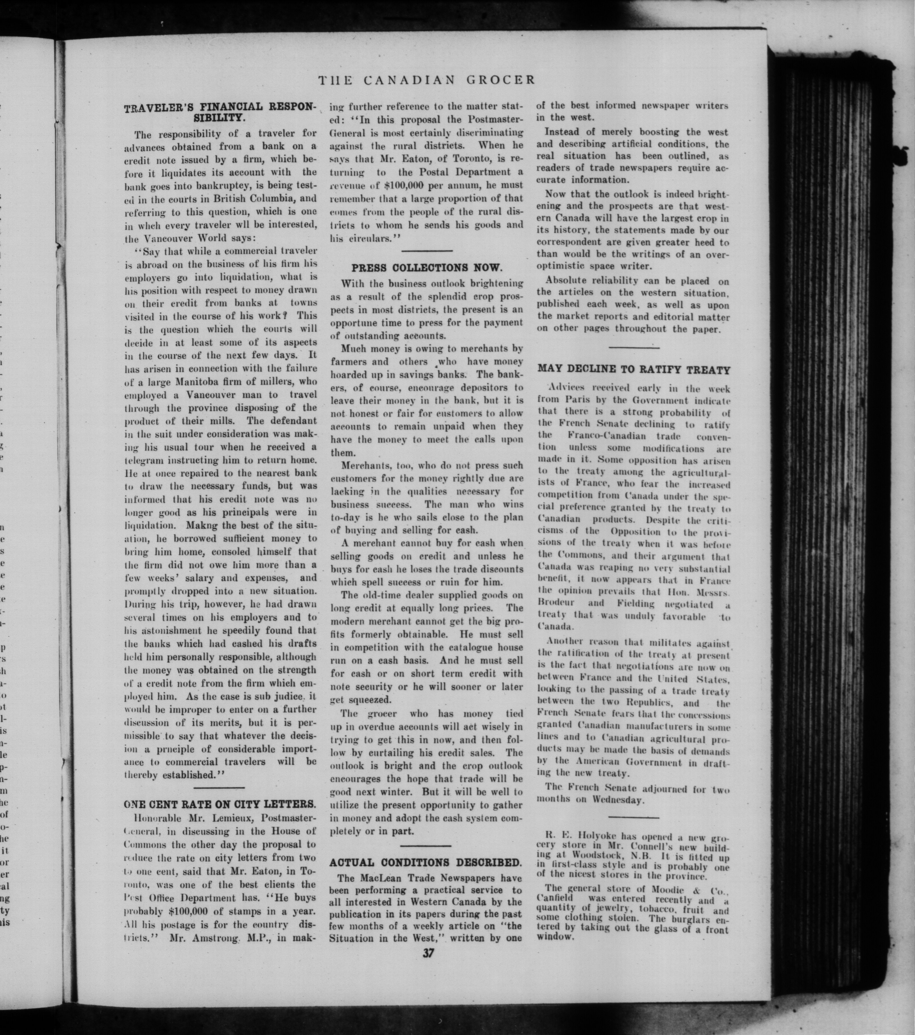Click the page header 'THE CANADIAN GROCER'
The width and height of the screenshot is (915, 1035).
click(426, 80)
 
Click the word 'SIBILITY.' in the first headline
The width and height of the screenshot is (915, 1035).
click(220, 118)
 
